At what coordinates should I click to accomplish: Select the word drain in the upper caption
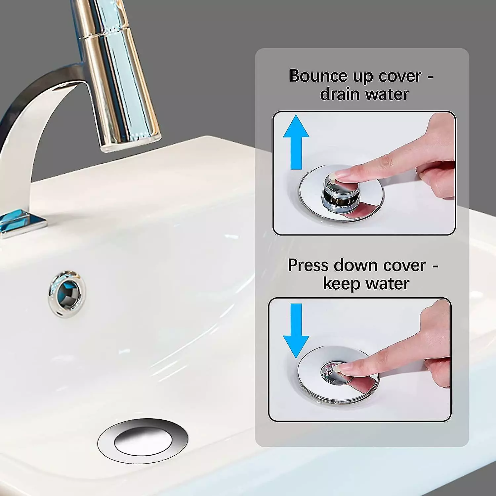click(x=340, y=94)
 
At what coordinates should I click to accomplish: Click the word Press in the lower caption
click(x=308, y=265)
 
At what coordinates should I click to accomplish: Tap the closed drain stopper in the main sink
click(x=143, y=441)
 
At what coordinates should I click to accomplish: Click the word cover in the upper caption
click(x=400, y=76)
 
